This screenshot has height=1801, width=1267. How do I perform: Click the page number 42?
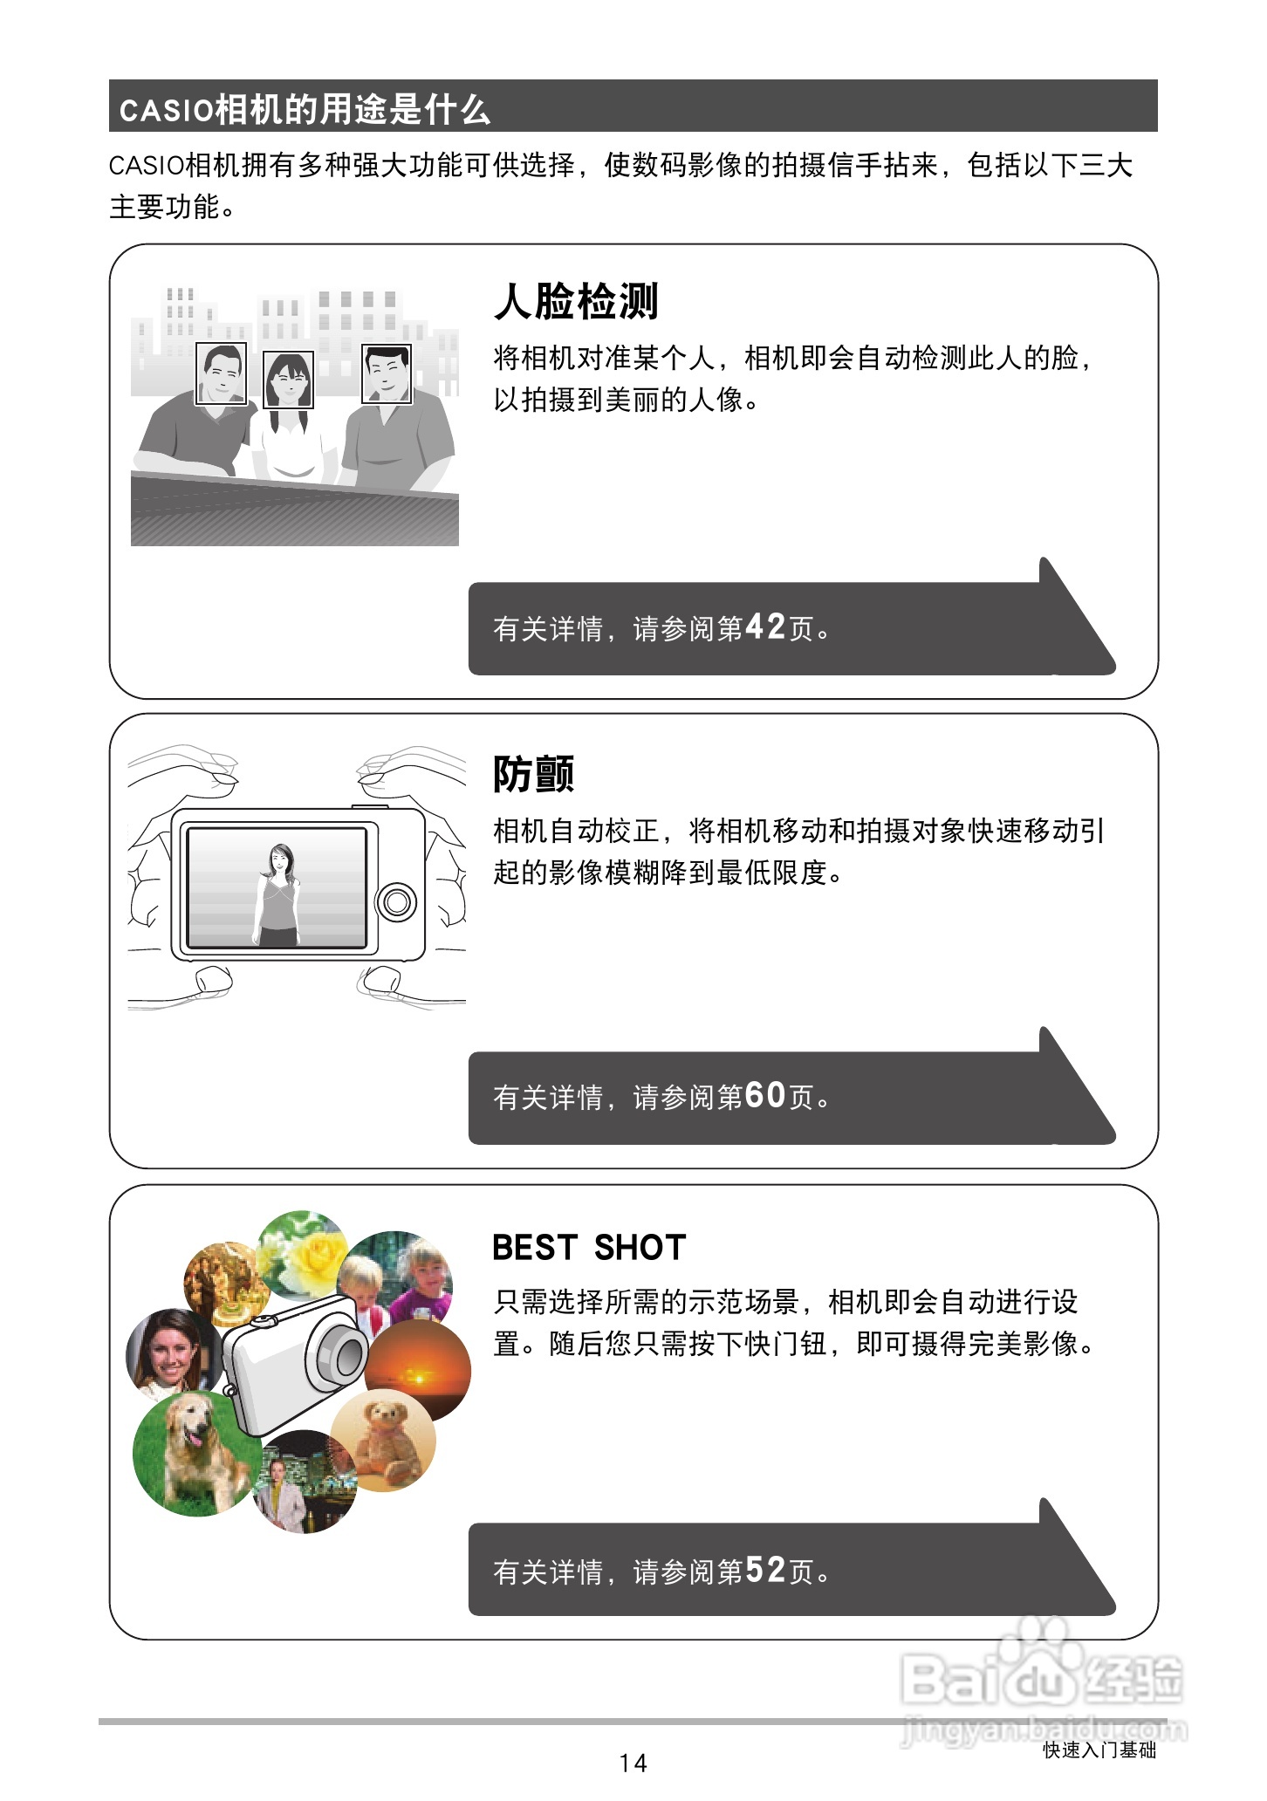[x=765, y=627]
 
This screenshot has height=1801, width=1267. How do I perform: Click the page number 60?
[x=765, y=1095]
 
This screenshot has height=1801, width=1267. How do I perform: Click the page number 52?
[x=765, y=1570]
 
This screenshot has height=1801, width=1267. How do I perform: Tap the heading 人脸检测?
[x=576, y=302]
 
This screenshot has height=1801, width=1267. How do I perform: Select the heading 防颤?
[x=533, y=774]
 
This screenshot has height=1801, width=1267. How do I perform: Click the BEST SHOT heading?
[x=589, y=1248]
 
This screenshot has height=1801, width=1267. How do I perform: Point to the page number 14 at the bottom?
[x=633, y=1763]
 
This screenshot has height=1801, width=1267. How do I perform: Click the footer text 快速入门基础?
[x=1099, y=1750]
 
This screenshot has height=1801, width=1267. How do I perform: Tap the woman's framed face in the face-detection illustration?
[x=289, y=380]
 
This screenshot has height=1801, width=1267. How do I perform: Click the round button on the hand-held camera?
[x=397, y=901]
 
